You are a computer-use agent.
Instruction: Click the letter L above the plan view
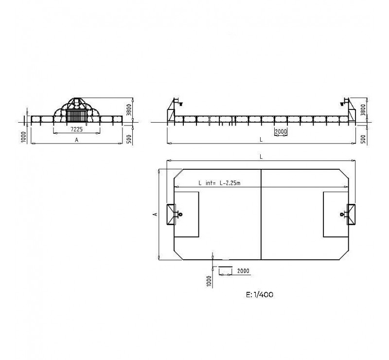pyautogui.click(x=261, y=157)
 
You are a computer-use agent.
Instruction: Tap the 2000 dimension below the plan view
pyautogui.click(x=243, y=270)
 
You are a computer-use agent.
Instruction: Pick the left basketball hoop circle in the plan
pyautogui.click(x=180, y=214)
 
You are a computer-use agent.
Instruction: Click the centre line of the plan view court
pyautogui.click(x=262, y=214)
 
